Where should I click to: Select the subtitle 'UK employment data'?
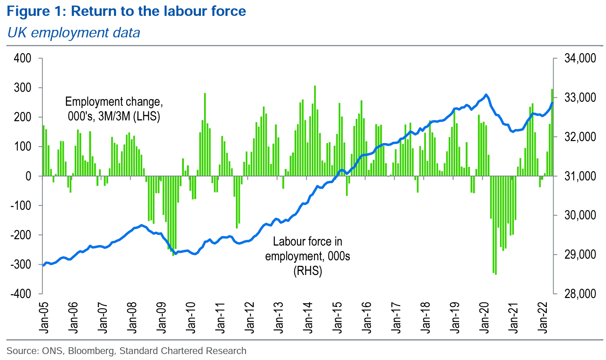coord(74,32)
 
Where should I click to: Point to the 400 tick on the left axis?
coord(22,58)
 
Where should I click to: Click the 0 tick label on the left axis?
coord(28,176)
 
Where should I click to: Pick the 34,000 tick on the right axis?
coord(580,58)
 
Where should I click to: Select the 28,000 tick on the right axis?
coord(580,294)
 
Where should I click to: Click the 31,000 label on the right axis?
coord(580,176)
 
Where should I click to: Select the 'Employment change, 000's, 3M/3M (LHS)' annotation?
coord(114,108)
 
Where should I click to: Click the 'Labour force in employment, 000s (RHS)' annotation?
coord(308,256)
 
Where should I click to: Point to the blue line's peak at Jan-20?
coord(486,95)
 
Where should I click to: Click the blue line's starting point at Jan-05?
coord(43,265)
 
